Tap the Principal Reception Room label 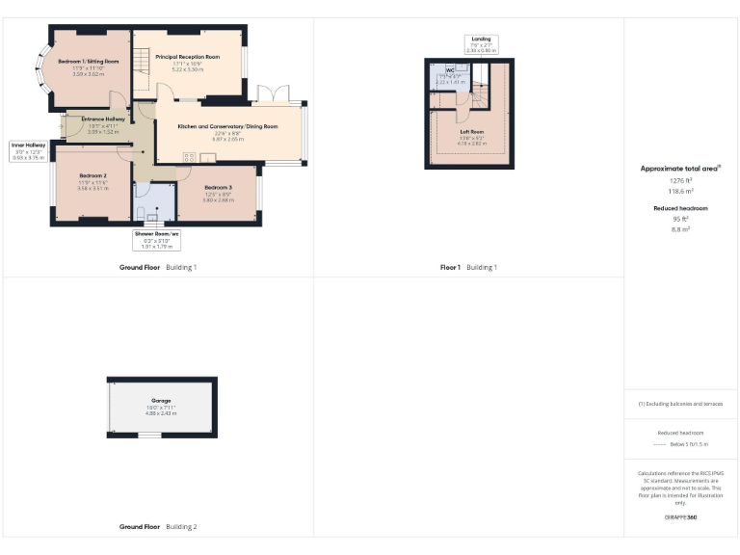[x=187, y=57]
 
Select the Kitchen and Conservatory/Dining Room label [x=229, y=126]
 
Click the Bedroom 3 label [x=218, y=187]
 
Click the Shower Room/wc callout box [x=157, y=239]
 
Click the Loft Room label [x=471, y=131]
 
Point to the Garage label [x=161, y=400]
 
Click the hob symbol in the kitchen [x=187, y=156]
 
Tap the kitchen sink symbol [x=208, y=156]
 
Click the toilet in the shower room [x=141, y=213]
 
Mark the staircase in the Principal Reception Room [x=142, y=67]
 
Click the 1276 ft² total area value [x=680, y=180]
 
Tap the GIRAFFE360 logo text [x=680, y=518]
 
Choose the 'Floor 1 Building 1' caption [x=468, y=267]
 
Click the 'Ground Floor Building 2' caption [x=157, y=527]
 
